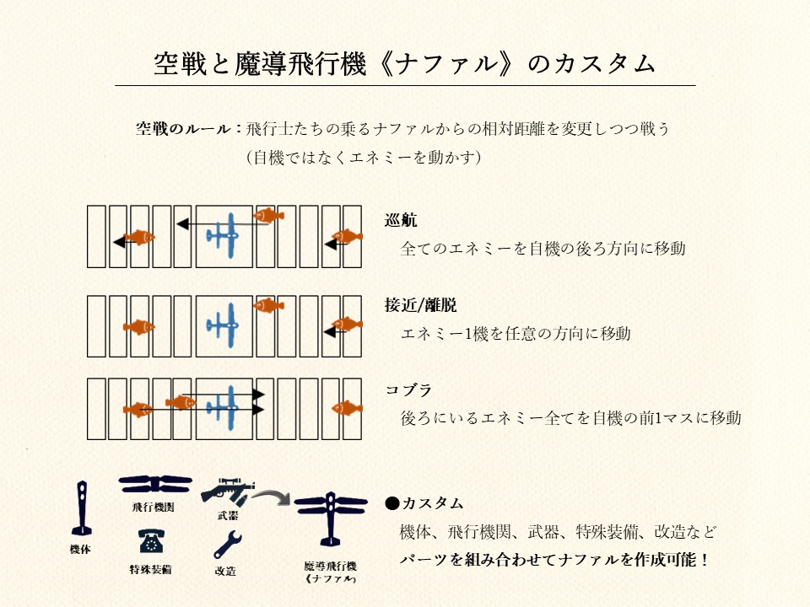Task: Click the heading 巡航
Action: [x=401, y=221]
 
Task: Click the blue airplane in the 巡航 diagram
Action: [x=224, y=234]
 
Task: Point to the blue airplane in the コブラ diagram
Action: [x=224, y=406]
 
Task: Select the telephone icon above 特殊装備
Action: [x=151, y=542]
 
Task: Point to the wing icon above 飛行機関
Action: [x=156, y=485]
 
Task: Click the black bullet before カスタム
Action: [x=391, y=503]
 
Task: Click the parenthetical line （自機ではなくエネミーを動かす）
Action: [x=363, y=157]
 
